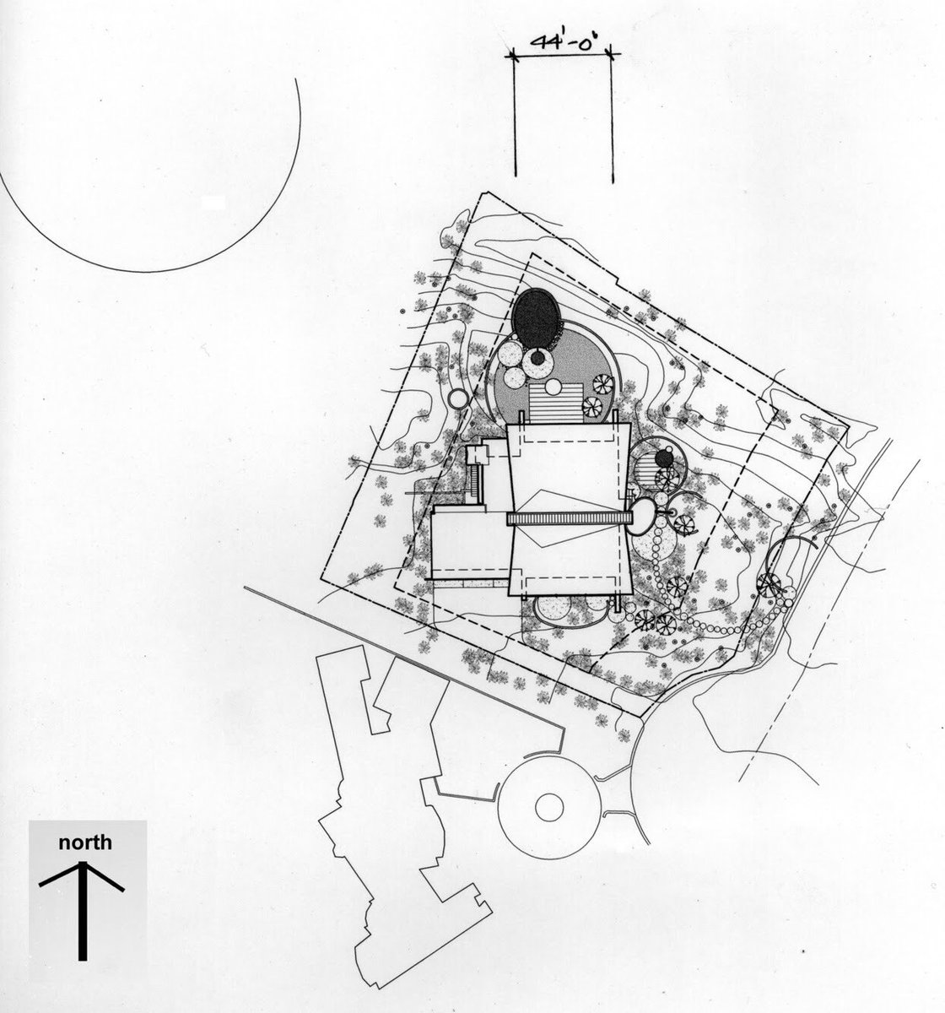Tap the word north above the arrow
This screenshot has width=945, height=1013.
pyautogui.click(x=84, y=842)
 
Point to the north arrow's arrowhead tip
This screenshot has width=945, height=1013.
pyautogui.click(x=82, y=863)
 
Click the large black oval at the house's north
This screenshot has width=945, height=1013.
pyautogui.click(x=537, y=317)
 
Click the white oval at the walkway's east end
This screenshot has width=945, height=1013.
pyautogui.click(x=642, y=514)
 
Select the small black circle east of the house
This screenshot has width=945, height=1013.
pyautogui.click(x=664, y=458)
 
